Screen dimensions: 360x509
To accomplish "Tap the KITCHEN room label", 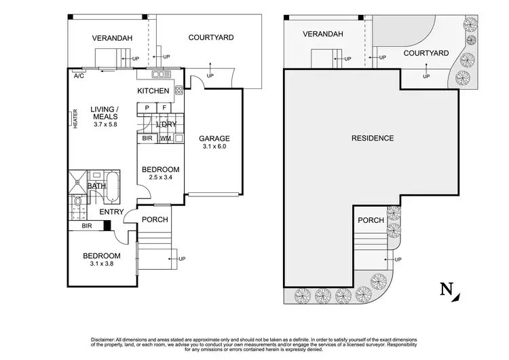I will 153,91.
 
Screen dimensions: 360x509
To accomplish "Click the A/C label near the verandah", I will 79,76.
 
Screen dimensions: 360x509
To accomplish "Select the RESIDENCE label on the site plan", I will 373,139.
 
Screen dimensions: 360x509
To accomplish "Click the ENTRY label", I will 111,213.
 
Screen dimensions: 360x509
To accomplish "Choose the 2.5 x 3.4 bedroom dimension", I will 160,179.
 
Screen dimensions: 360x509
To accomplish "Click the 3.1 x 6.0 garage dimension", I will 214,146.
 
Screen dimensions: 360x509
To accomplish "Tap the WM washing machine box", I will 165,139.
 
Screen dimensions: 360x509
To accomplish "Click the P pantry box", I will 147,108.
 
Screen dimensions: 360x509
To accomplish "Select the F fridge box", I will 164,108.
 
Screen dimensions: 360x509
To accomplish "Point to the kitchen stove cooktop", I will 179,90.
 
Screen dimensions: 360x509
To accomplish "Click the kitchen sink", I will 160,74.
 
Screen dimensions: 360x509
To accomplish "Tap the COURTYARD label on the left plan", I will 211,38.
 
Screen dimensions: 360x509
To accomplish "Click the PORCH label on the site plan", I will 371,220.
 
